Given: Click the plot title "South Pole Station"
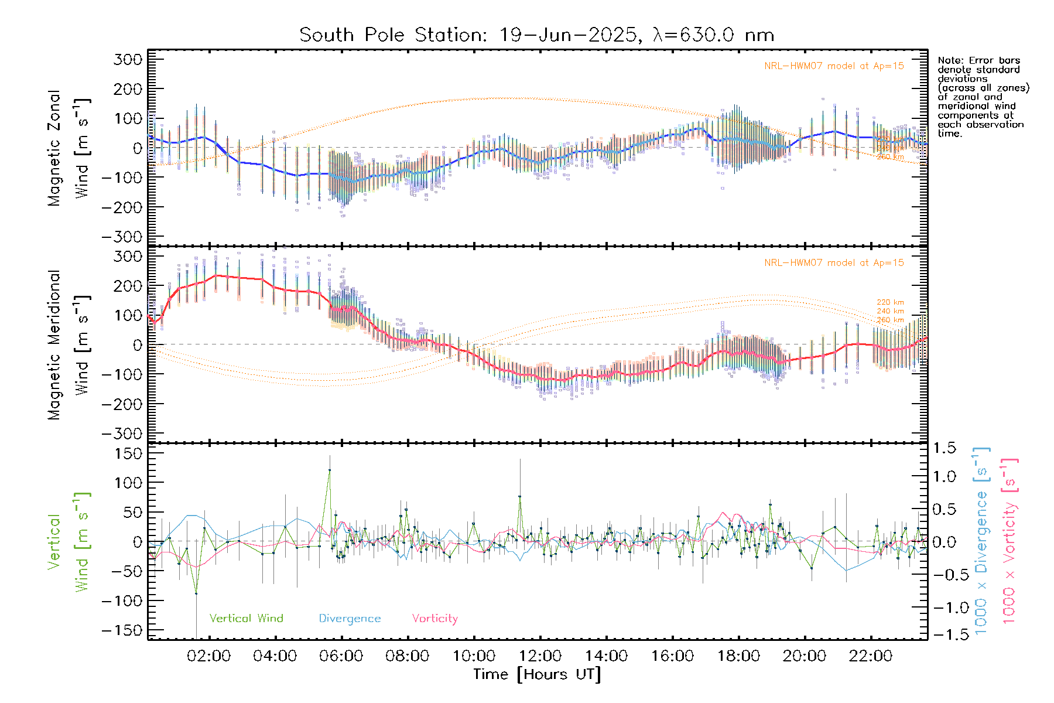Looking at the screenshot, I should click(392, 35).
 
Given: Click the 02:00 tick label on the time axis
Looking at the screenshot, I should click(208, 656).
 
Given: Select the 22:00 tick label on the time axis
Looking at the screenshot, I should click(871, 656).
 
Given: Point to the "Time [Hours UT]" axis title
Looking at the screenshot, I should click(537, 674).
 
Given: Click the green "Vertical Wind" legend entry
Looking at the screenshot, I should click(246, 618).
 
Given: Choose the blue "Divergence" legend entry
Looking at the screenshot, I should click(350, 619).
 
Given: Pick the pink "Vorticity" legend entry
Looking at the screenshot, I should click(434, 618).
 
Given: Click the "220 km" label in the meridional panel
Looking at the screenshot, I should click(890, 302).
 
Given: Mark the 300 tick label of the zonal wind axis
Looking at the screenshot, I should click(128, 59).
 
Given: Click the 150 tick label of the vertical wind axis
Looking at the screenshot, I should click(128, 453).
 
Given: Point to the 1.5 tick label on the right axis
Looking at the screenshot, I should click(944, 448).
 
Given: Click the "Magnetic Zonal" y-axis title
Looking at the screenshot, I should click(54, 148).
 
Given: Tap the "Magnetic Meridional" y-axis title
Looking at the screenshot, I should click(54, 345).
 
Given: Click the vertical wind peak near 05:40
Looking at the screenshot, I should click(329, 470).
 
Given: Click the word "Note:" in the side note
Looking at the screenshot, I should click(950, 60).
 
